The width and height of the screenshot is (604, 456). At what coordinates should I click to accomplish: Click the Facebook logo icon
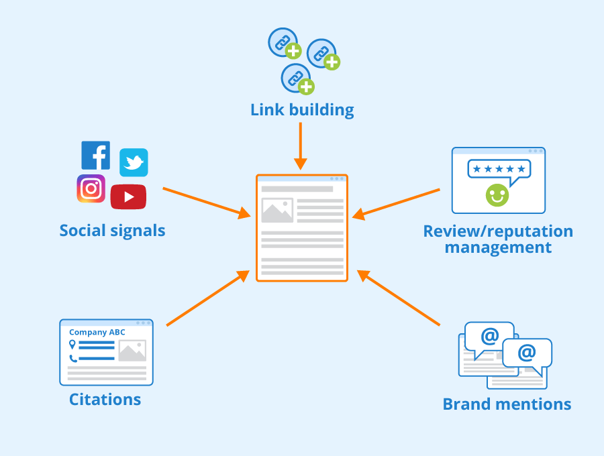(x=95, y=156)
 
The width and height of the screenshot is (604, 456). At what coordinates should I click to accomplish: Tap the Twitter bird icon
(x=134, y=163)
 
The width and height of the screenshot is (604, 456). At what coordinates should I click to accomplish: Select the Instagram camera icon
(x=91, y=188)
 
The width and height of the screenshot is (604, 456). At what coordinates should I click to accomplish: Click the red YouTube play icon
(x=128, y=196)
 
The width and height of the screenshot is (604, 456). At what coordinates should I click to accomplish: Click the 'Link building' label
(x=302, y=110)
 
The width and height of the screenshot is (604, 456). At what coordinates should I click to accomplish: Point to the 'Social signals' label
(x=112, y=231)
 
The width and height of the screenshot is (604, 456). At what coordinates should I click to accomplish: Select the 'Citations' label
(x=105, y=400)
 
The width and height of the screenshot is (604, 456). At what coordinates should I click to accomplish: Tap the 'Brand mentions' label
(x=507, y=404)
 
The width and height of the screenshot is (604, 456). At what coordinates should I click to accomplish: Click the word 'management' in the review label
(x=498, y=247)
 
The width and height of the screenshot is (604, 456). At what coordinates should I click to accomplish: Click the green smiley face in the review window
(x=497, y=195)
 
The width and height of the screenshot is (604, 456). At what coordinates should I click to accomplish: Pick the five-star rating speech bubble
(x=499, y=170)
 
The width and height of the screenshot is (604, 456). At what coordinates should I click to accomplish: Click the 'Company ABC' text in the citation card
(x=97, y=332)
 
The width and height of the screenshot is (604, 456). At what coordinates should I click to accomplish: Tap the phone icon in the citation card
(x=72, y=358)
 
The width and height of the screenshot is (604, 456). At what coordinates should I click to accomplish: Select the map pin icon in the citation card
(x=72, y=345)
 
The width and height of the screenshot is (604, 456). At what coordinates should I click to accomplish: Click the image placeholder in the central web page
(x=277, y=211)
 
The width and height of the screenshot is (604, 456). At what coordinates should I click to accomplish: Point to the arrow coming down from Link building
(x=301, y=145)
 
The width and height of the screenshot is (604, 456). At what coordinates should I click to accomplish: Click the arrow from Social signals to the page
(x=205, y=202)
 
